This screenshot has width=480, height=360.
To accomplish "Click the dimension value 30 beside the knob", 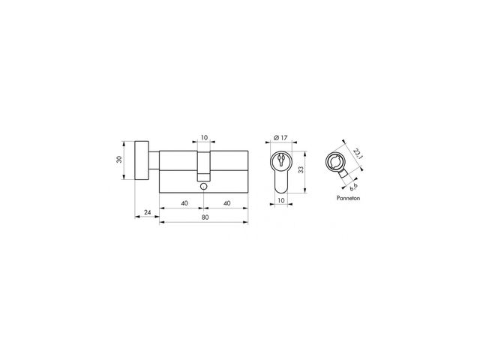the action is [119, 160].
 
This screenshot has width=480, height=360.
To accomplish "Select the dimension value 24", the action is [148, 212].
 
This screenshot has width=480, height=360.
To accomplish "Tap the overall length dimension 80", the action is [205, 217].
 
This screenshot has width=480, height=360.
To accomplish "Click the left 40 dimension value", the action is [184, 203].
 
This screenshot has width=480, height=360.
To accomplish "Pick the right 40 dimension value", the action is [226, 203].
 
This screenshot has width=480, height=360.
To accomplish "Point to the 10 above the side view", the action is [204, 137].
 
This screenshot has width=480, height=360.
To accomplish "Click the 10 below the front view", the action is [280, 200].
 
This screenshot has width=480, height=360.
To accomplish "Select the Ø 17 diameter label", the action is [280, 138].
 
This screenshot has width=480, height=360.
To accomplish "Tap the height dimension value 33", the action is [301, 170].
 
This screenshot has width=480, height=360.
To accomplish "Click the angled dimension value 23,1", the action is [358, 153].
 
